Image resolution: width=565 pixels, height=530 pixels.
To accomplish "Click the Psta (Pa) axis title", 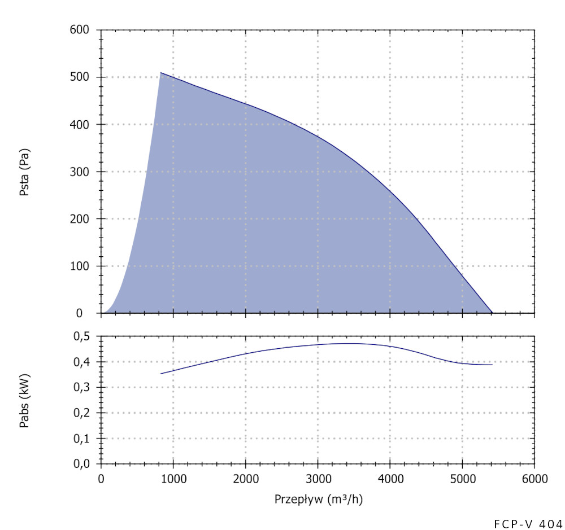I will [x=25, y=172].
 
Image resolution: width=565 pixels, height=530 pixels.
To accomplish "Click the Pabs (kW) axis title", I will [x=25, y=400].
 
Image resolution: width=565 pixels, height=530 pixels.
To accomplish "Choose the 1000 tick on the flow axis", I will [x=173, y=479].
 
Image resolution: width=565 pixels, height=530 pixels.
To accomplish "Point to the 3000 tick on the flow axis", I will [x=318, y=479].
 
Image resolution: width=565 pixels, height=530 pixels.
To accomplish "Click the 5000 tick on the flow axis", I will [x=462, y=479].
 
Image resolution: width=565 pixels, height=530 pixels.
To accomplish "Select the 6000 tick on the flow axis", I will [x=534, y=479].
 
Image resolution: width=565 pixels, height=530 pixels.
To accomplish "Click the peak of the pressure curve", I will [x=160, y=73].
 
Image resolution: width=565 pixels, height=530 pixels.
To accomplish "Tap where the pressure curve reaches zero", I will [x=492, y=313].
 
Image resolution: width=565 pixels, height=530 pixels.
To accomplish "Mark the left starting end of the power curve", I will [x=160, y=374].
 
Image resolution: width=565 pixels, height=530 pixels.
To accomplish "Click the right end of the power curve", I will [x=492, y=365].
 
